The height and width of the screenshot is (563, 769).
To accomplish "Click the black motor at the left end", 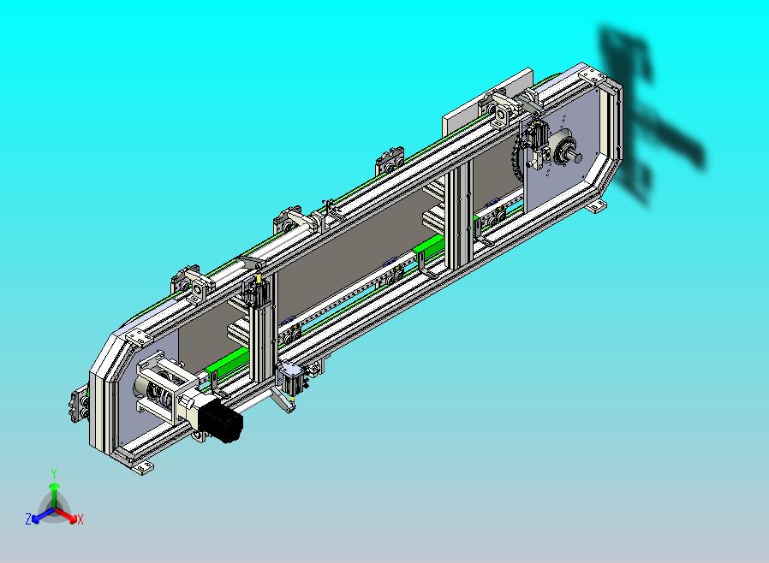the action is click(x=220, y=420).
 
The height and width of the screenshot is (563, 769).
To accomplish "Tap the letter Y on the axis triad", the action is click(x=54, y=473).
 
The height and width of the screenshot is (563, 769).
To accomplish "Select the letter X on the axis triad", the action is click(x=80, y=520).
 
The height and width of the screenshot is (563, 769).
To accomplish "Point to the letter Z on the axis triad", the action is click(x=28, y=519).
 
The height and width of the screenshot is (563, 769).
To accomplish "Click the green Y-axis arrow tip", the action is click(x=54, y=486).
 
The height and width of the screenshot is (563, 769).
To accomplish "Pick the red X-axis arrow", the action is click(x=66, y=515).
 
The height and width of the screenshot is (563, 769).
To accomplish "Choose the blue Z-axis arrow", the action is click(x=42, y=515).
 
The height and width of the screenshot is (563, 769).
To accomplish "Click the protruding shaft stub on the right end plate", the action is click(x=575, y=157).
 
